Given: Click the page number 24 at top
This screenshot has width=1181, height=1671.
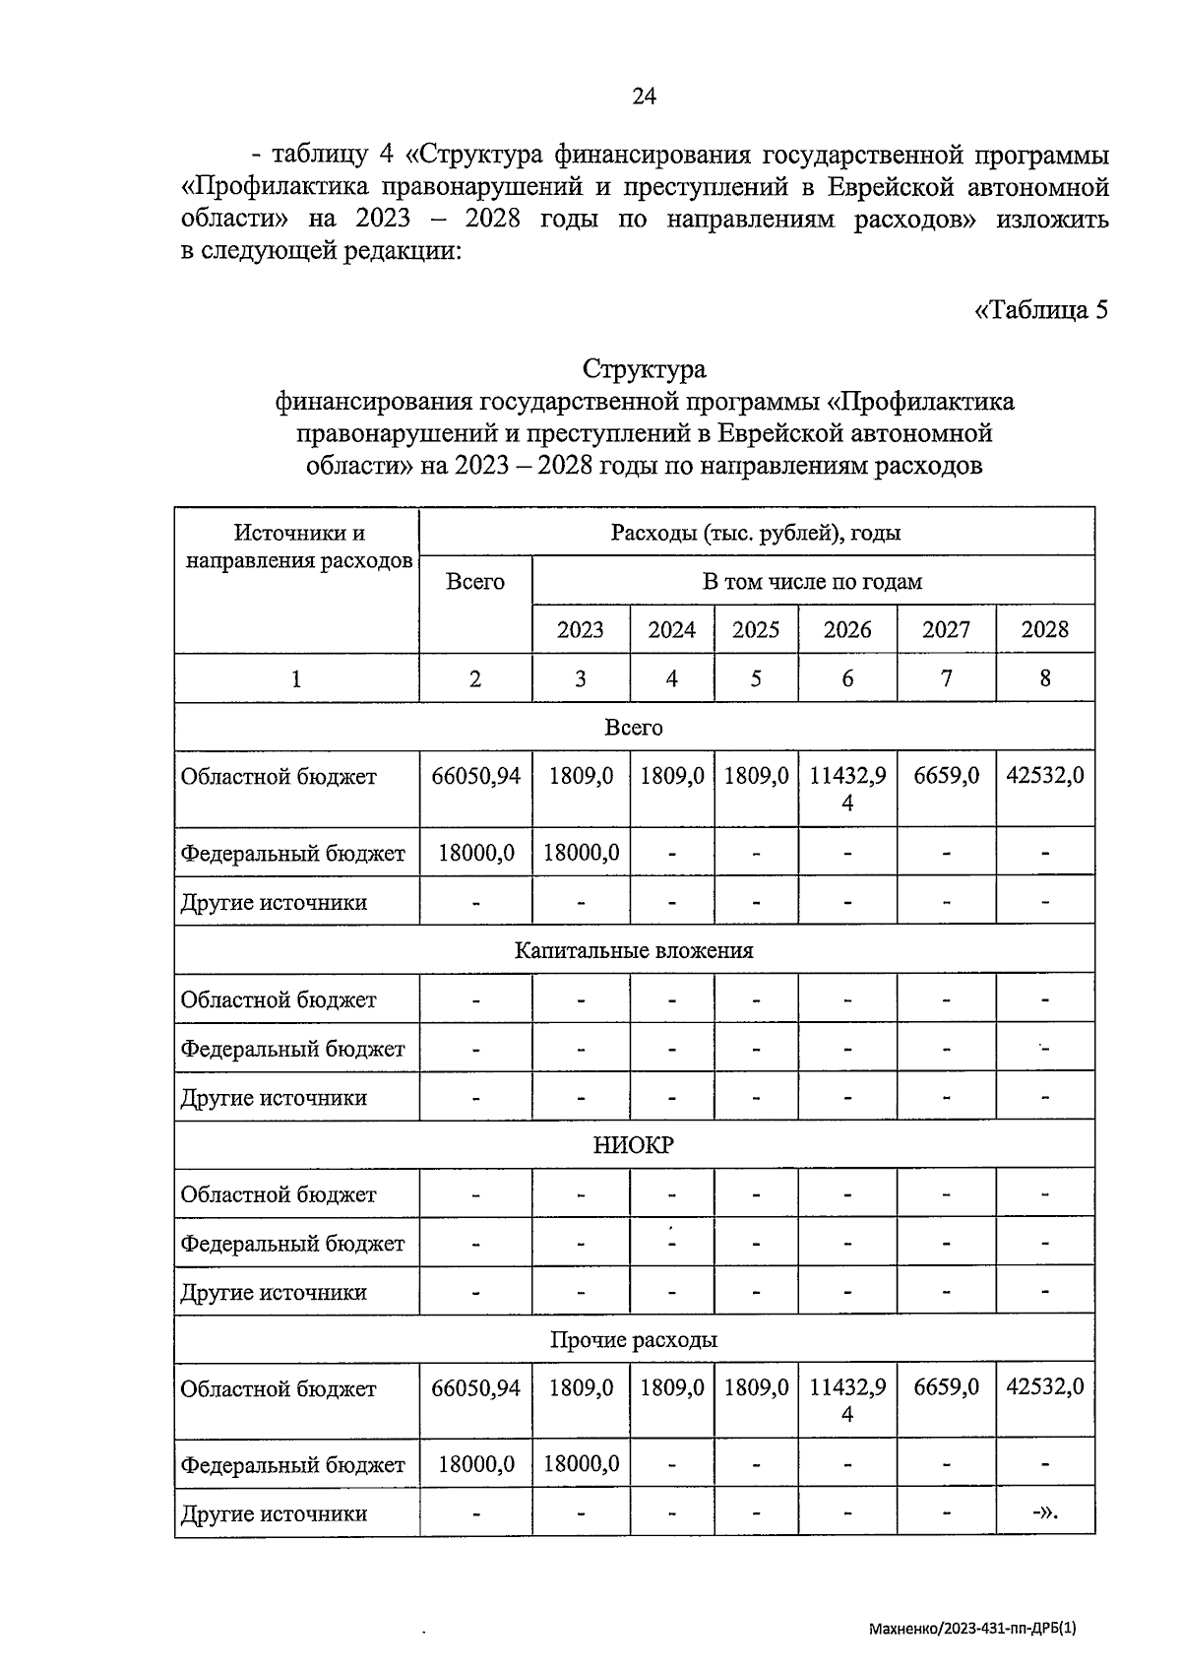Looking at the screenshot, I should (x=644, y=96).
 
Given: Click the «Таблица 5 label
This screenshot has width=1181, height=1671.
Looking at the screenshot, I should (x=1040, y=310).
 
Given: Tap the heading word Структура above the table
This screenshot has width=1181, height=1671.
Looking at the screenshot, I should (x=644, y=370).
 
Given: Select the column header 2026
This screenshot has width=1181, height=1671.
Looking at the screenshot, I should (x=847, y=630).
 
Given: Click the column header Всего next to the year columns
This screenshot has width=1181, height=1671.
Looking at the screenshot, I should (x=475, y=582).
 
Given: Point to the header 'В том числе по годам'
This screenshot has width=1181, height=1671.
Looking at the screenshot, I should (x=812, y=582).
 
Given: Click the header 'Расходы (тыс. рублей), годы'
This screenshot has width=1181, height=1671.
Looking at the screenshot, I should (x=756, y=534).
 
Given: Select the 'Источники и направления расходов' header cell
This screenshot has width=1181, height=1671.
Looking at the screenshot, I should (x=298, y=547).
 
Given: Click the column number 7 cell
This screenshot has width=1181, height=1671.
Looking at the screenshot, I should (x=946, y=678).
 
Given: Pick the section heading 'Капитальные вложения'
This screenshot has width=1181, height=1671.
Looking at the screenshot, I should (x=634, y=951).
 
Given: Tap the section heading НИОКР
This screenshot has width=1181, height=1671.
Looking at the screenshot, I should (x=634, y=1145).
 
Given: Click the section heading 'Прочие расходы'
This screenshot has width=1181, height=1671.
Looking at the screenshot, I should (x=634, y=1340).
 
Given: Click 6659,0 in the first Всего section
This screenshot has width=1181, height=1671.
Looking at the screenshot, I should (x=946, y=776).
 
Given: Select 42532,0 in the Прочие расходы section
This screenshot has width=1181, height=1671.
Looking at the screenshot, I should (x=1045, y=1386).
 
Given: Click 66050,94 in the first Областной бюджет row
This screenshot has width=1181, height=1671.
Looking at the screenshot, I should (x=475, y=776).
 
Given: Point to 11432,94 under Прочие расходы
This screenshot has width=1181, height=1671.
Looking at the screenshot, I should (x=847, y=1399).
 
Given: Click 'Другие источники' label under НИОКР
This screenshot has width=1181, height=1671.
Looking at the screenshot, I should (x=274, y=1292).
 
